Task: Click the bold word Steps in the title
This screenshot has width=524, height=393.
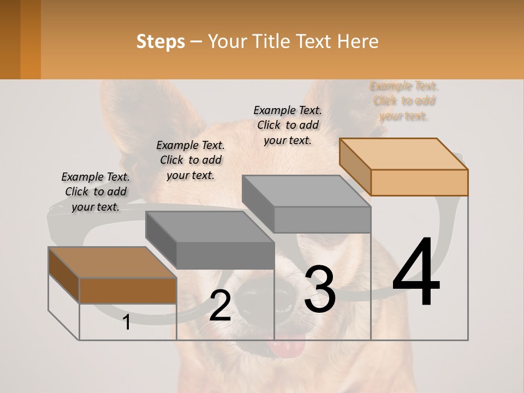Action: pos(160,41)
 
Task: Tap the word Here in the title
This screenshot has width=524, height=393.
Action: pos(358,41)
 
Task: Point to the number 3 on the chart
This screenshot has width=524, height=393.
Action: pos(320,289)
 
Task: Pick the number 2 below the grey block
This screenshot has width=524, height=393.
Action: pos(220,306)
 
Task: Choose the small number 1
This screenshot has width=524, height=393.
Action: pos(127,323)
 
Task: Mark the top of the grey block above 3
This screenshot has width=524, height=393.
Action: pos(306,191)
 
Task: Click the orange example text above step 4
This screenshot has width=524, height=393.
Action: pos(404,101)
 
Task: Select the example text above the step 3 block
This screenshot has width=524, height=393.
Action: pos(288,125)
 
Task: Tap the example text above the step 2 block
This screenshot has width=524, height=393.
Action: pos(190,160)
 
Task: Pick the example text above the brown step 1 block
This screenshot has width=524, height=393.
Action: pos(96,192)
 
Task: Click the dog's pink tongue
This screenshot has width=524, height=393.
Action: pos(288,346)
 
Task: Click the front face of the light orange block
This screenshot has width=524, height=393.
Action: pos(419,182)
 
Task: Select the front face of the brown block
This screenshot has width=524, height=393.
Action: pos(128,290)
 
